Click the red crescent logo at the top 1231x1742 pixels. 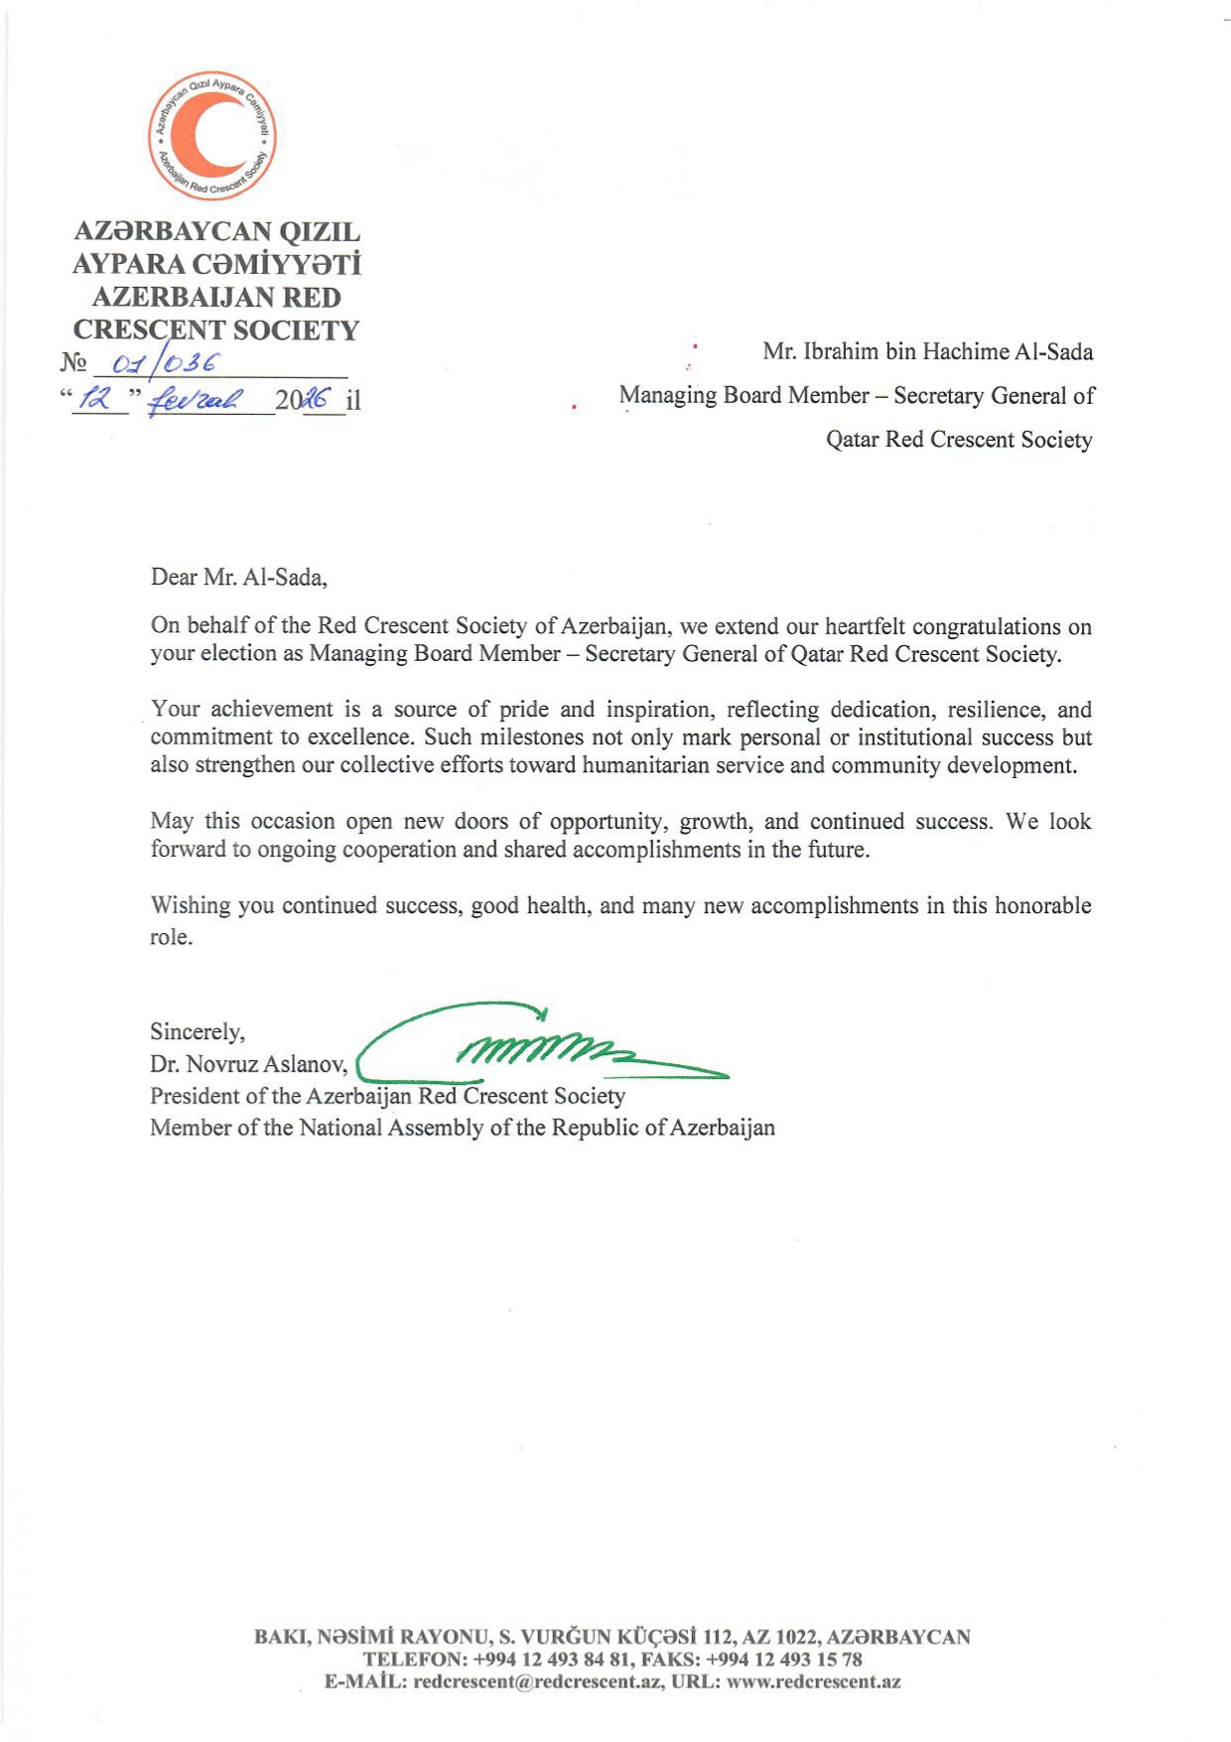coord(212,135)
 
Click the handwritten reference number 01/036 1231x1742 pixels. coord(165,363)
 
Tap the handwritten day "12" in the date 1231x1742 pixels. coord(97,399)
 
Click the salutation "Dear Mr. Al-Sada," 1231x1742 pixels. coord(238,577)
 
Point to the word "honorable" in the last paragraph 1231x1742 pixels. coord(1042,905)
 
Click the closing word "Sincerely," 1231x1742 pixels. coord(197,1031)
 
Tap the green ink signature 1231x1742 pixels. coord(541,1047)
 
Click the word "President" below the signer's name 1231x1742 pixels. coord(195,1096)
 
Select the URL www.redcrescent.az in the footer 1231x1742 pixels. coord(813,1681)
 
